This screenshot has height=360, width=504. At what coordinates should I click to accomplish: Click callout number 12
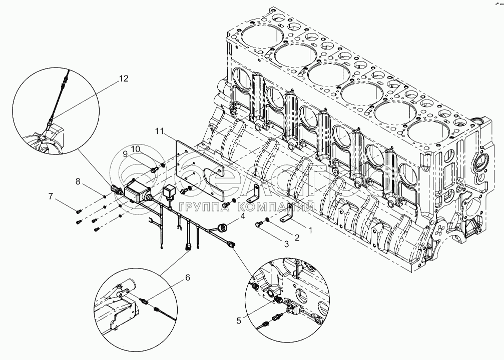click(124, 78)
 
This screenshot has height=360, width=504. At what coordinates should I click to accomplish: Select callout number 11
click(159, 131)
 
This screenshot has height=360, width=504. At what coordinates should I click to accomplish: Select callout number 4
click(242, 216)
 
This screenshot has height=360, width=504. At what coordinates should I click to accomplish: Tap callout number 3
click(286, 243)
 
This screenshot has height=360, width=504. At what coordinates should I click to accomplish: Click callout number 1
click(309, 231)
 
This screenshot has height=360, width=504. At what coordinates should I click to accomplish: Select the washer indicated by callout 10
click(163, 166)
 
